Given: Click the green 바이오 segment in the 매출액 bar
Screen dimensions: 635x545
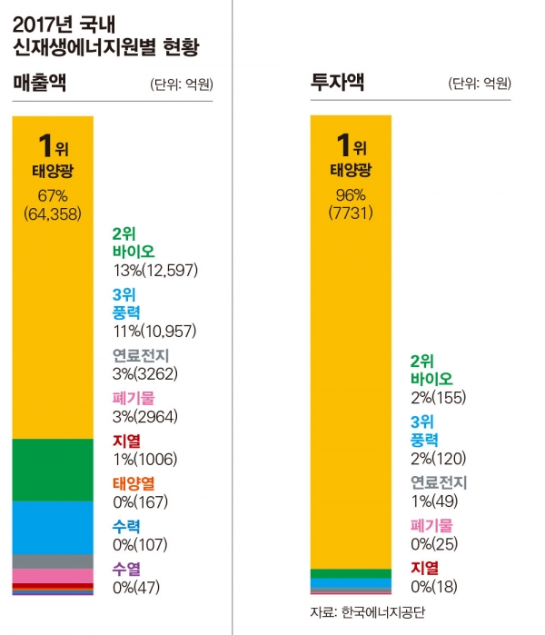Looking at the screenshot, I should point(53,469).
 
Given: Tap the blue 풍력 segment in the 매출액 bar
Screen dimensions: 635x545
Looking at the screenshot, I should point(53,527).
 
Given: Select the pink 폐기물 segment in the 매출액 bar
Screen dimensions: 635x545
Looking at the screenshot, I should point(53,576).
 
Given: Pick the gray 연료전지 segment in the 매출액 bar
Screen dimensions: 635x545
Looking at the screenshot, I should point(53,561).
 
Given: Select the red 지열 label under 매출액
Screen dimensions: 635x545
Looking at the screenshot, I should point(126,441).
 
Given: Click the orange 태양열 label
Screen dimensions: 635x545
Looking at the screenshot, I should point(134,483).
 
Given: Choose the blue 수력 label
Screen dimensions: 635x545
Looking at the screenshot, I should point(126,525).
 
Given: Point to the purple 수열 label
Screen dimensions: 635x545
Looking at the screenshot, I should point(126,569).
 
